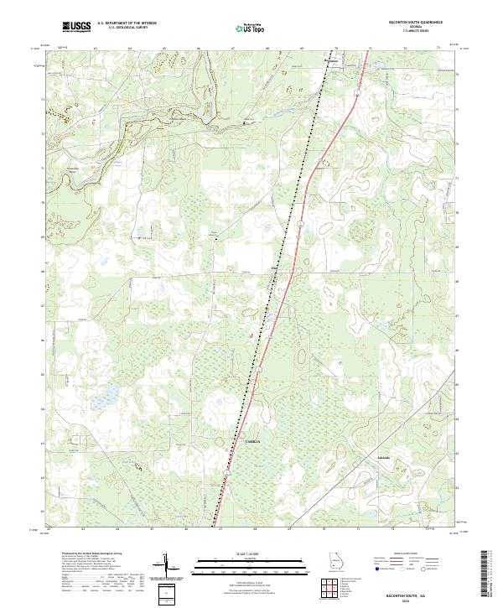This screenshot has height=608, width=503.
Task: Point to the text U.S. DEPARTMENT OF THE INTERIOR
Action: tap(127, 24)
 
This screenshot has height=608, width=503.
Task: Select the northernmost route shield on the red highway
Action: tap(355, 94)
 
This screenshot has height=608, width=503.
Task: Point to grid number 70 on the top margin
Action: tap(335, 49)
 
